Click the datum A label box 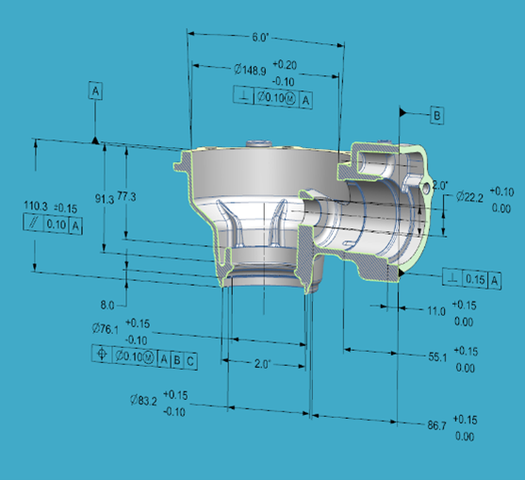tap(96, 91)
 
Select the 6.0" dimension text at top tap(260, 38)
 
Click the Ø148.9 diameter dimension tap(249, 69)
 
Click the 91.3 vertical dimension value tap(105, 197)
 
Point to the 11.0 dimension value tap(436, 311)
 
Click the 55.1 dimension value tap(436, 358)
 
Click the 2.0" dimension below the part tap(263, 363)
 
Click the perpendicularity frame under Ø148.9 tap(275, 96)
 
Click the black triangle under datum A tap(96, 140)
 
